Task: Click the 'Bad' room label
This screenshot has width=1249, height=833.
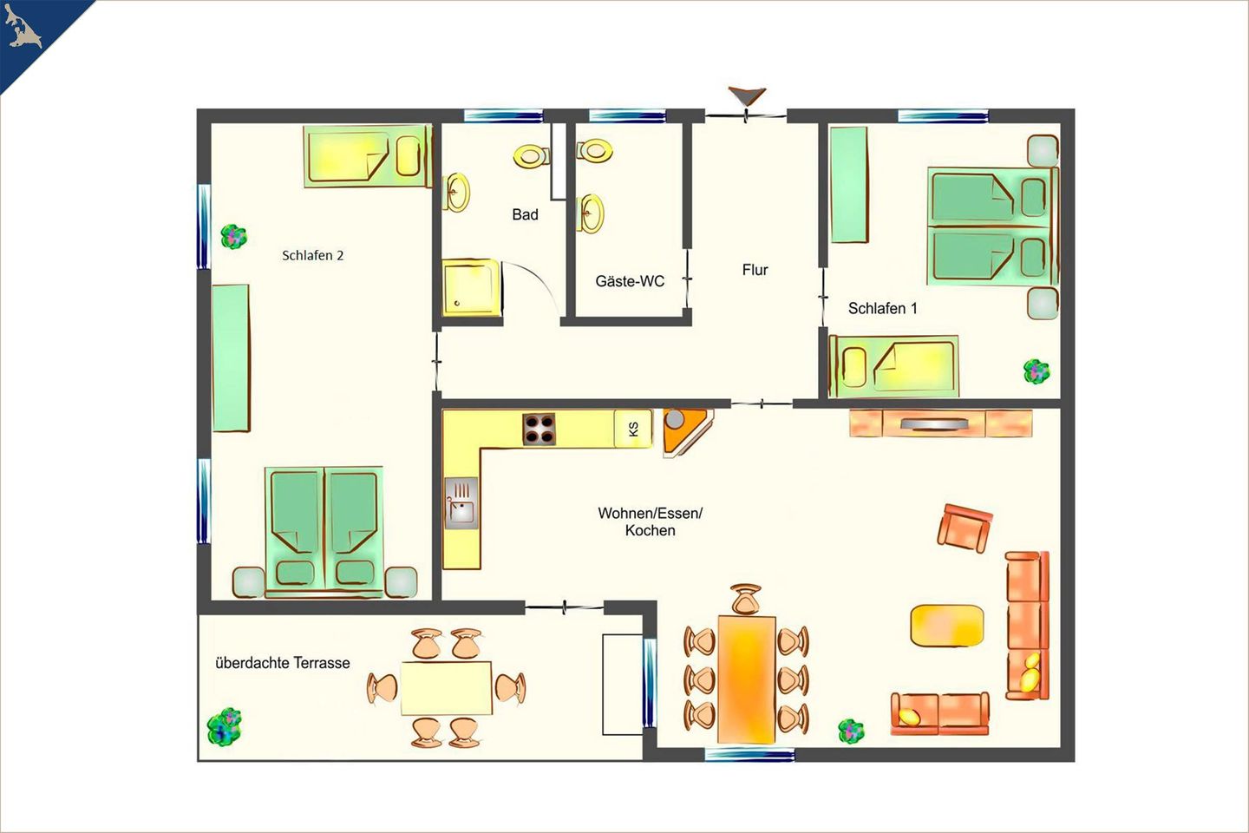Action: click(525, 215)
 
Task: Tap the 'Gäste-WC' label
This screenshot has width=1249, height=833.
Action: click(630, 281)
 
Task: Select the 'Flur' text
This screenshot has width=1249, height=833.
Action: click(755, 270)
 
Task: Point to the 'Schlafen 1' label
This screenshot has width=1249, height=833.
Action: click(882, 308)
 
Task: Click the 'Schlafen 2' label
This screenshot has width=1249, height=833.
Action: click(312, 255)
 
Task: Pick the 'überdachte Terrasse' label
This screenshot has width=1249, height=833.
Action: click(282, 663)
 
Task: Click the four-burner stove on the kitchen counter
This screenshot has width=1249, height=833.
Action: click(539, 429)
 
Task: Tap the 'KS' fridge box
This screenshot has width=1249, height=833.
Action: click(633, 429)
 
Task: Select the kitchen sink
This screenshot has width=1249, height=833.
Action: click(461, 502)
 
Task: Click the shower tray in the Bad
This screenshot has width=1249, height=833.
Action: click(471, 287)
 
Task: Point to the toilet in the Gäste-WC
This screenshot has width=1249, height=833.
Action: click(595, 151)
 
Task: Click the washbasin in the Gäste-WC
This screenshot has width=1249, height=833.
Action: click(592, 213)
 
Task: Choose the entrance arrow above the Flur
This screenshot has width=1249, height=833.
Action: click(747, 96)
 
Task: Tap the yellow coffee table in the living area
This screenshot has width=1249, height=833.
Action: click(946, 626)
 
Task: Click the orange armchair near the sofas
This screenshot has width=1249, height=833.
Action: click(965, 528)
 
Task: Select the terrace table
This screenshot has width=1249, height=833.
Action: click(446, 688)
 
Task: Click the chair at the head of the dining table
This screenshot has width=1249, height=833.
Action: click(746, 600)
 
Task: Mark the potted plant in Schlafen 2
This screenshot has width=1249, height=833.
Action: click(233, 237)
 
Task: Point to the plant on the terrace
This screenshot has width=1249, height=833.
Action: click(224, 726)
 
